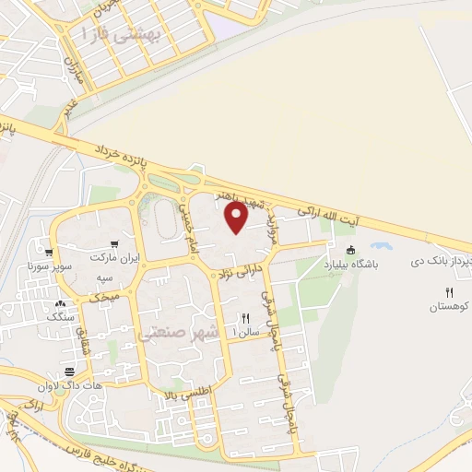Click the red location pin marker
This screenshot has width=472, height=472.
tap(235, 217)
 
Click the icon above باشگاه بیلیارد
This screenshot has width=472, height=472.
tap(349, 250)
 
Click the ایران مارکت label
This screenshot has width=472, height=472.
tap(118, 259)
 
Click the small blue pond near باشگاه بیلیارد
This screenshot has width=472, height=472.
tap(379, 246)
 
